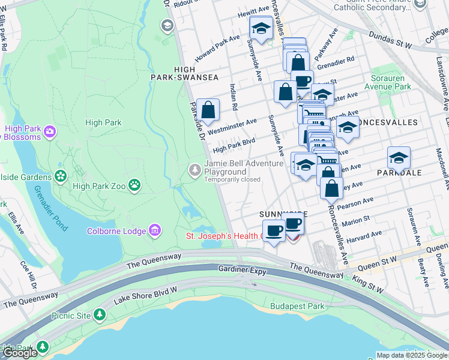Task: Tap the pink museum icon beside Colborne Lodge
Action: pyautogui.click(x=155, y=230)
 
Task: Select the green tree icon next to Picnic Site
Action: pyautogui.click(x=100, y=314)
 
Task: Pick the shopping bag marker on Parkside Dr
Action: pyautogui.click(x=208, y=110)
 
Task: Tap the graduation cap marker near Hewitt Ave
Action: pyautogui.click(x=261, y=28)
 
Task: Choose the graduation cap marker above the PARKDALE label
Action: pyautogui.click(x=399, y=158)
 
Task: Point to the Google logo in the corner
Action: pyautogui.click(x=20, y=353)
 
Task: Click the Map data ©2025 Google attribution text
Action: pyautogui.click(x=411, y=355)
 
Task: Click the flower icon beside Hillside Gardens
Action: pyautogui.click(x=60, y=176)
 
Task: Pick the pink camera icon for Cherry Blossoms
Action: pyautogui.click(x=50, y=130)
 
